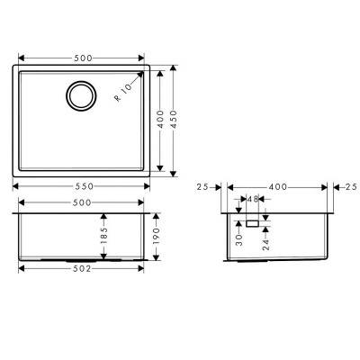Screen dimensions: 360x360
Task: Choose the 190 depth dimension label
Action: point(155,237)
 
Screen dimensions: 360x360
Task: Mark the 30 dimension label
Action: point(238,236)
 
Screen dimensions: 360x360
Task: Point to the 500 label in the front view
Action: point(84,203)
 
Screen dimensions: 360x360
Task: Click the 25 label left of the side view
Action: point(202,186)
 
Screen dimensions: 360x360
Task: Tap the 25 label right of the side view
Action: point(349,186)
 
